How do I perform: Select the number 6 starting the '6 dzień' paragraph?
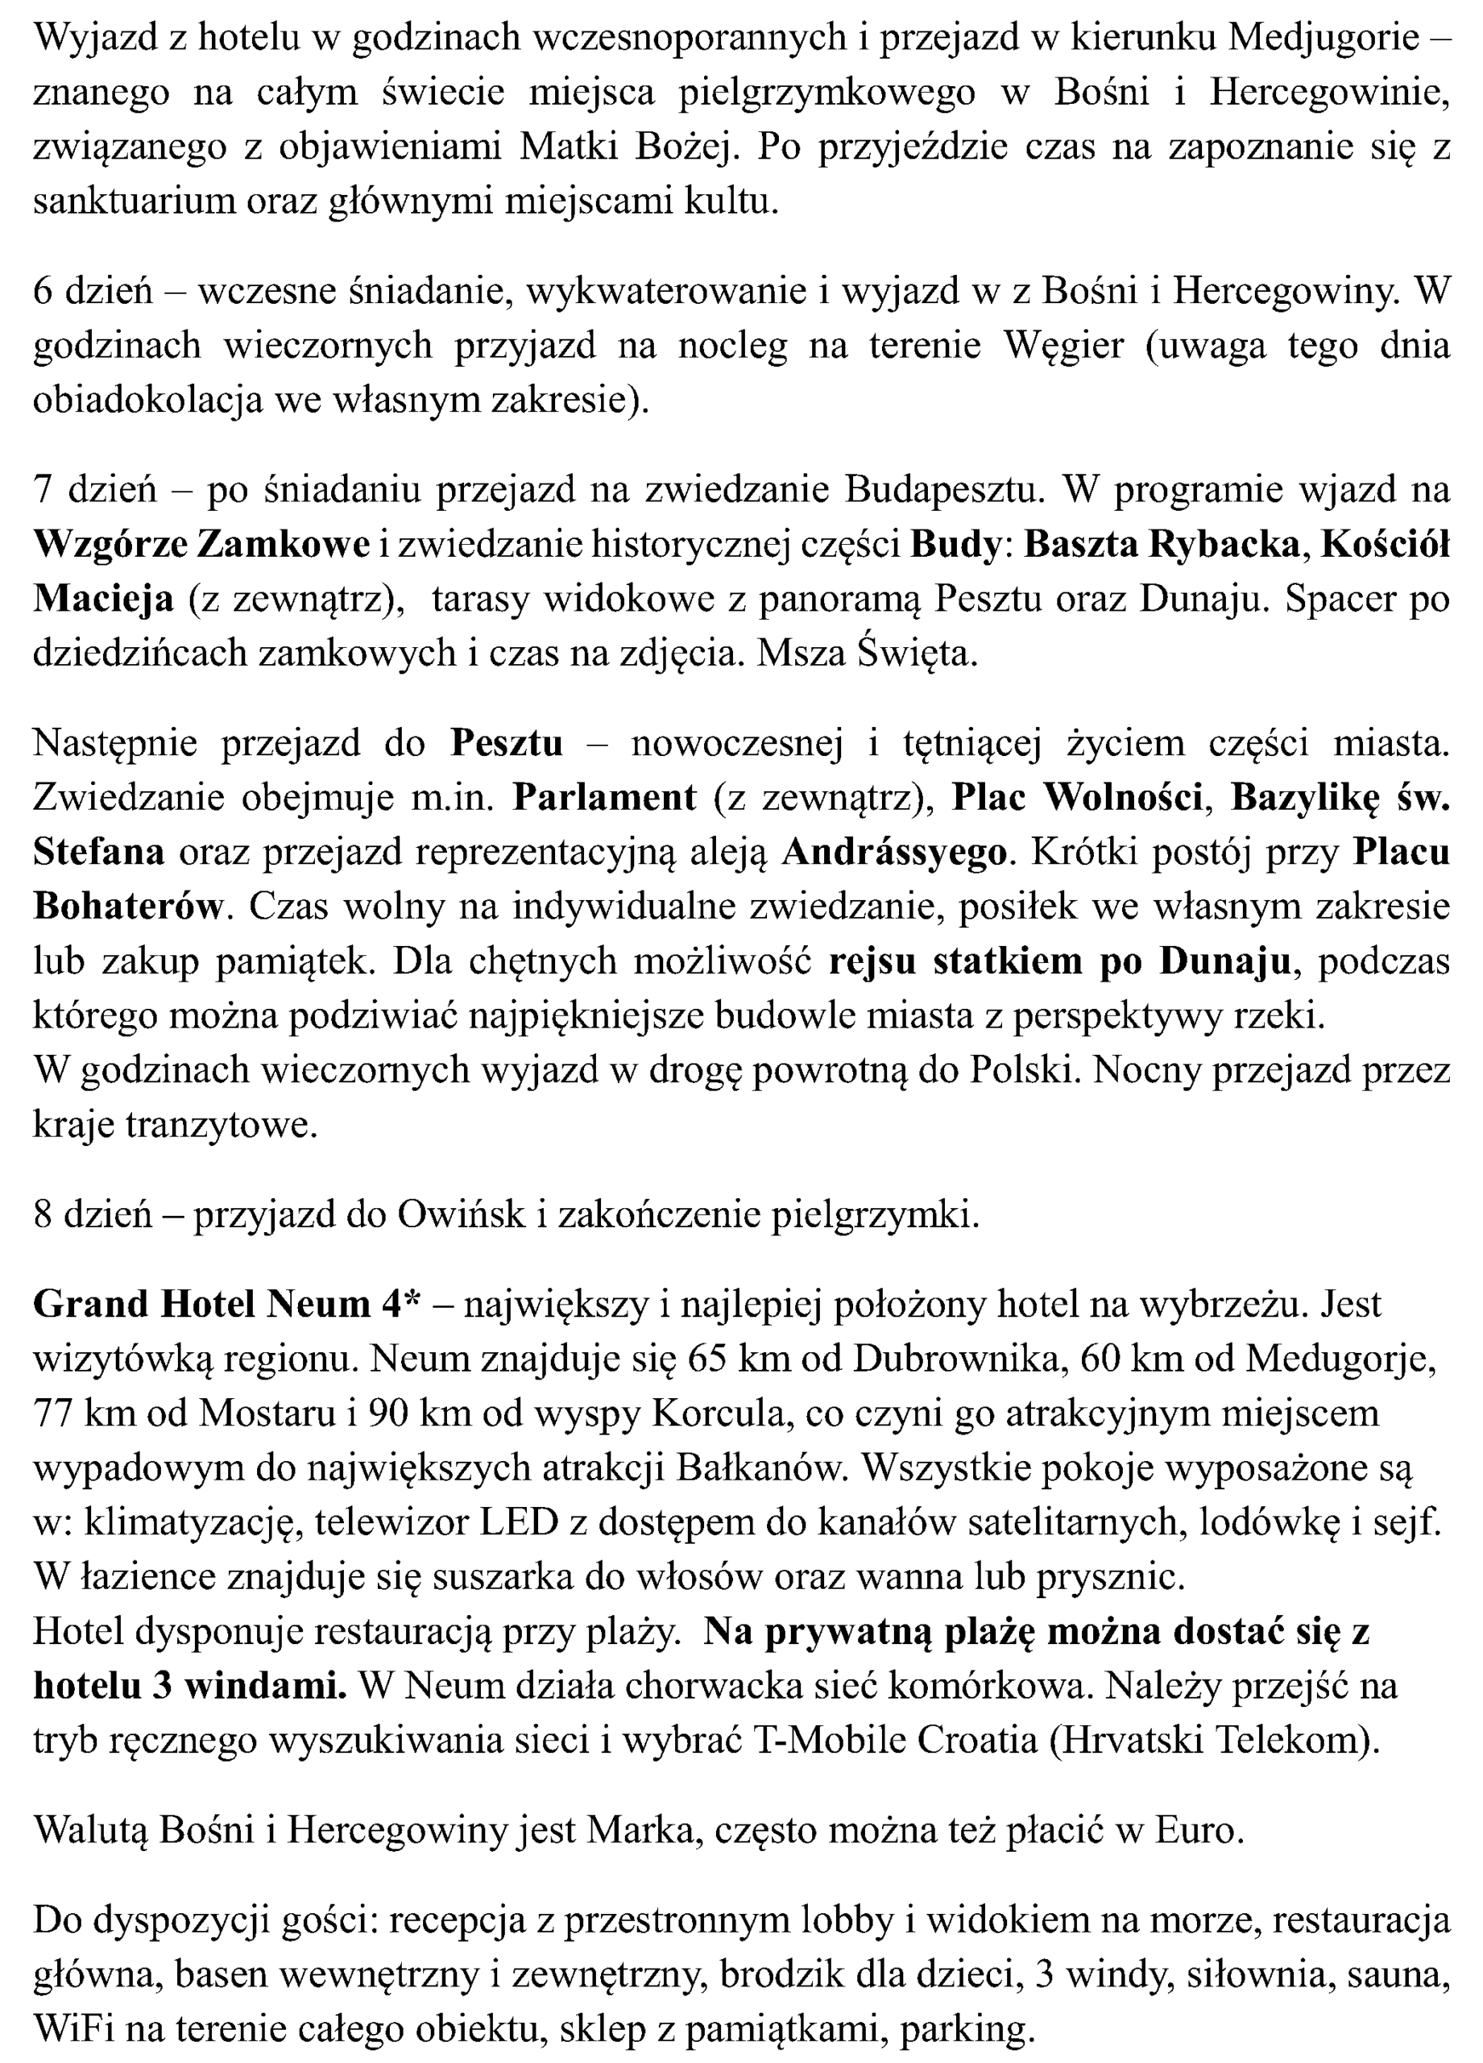coord(43,291)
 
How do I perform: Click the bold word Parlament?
coord(605,797)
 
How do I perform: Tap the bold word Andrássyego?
coord(895,852)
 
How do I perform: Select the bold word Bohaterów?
coord(127,906)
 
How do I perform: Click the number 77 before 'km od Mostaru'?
coord(52,1413)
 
